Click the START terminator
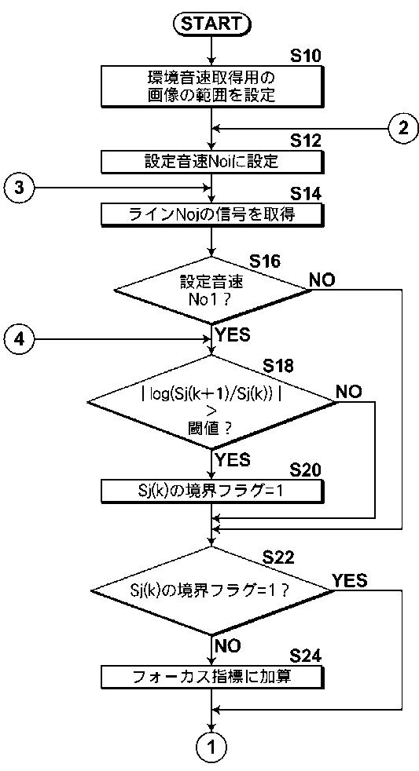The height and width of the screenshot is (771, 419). click(x=211, y=23)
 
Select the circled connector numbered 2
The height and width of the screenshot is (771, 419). click(x=403, y=128)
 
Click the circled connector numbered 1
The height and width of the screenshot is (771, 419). click(x=211, y=748)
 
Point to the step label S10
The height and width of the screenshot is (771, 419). click(x=305, y=56)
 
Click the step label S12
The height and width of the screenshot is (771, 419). click(x=305, y=141)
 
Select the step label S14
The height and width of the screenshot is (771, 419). click(x=305, y=195)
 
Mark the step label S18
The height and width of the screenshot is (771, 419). click(x=277, y=365)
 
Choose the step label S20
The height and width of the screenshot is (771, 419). click(x=305, y=470)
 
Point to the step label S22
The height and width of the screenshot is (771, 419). click(x=278, y=557)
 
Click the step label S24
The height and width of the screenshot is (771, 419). click(x=305, y=656)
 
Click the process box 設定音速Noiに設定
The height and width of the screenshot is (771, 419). click(x=212, y=161)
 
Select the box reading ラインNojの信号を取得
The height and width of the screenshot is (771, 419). click(x=212, y=214)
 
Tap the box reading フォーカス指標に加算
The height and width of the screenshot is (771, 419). click(x=212, y=677)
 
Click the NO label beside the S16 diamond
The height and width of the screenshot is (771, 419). click(x=322, y=280)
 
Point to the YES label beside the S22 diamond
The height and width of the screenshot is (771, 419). click(x=350, y=581)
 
